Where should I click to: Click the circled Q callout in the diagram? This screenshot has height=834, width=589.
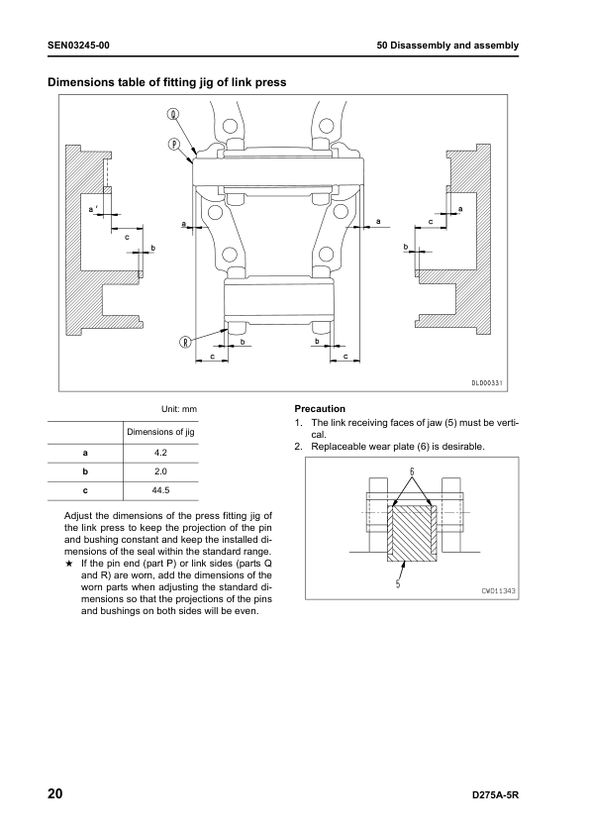(174, 114)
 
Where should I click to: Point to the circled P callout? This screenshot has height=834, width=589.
(174, 143)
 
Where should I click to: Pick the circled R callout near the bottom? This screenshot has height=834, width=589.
(184, 342)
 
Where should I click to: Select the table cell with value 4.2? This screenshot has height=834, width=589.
(161, 454)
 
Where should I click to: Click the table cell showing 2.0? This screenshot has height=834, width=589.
(161, 471)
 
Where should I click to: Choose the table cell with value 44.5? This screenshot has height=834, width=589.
(161, 490)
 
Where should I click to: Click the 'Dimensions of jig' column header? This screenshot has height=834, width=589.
(161, 432)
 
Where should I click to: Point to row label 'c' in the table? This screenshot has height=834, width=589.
(84, 490)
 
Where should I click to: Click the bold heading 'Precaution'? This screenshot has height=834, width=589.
(320, 408)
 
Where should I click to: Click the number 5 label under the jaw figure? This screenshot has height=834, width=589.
(397, 583)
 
